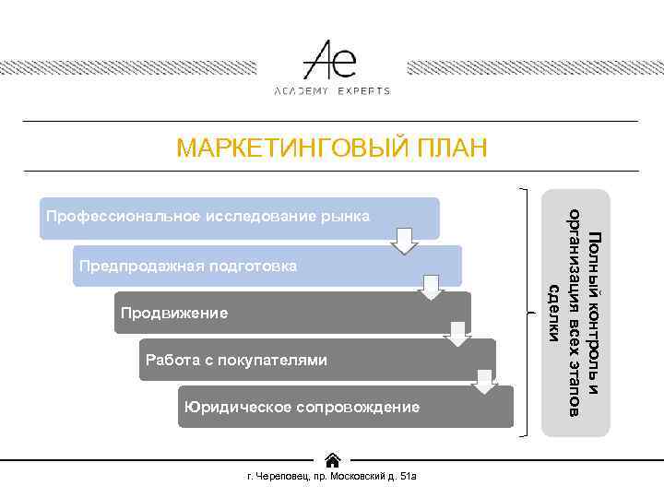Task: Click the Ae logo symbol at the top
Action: tap(331, 60)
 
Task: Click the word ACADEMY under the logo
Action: tap(302, 91)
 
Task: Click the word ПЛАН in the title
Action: tap(451, 148)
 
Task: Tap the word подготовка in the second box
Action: tap(255, 267)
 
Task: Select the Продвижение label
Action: tap(173, 314)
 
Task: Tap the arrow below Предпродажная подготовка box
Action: tap(431, 288)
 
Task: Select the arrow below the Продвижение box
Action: tap(457, 335)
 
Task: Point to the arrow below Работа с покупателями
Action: tap(484, 381)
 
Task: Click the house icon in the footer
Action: tap(333, 459)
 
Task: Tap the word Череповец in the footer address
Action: tap(280, 477)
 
